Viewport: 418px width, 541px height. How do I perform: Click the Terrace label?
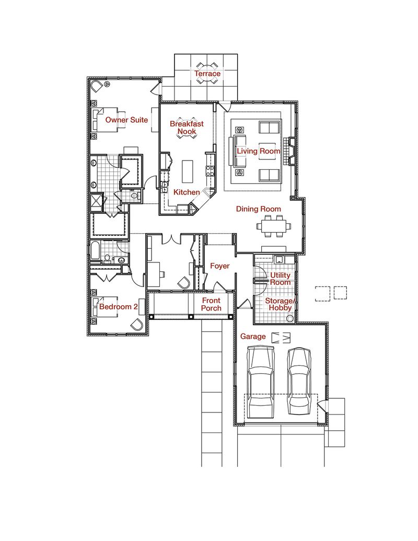pyautogui.click(x=207, y=74)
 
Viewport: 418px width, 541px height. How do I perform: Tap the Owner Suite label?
pyautogui.click(x=126, y=120)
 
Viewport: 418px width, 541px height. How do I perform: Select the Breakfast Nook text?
pyautogui.click(x=187, y=128)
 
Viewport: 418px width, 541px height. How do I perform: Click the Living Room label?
pyautogui.click(x=259, y=151)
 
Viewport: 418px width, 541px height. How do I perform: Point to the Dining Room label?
pyautogui.click(x=259, y=209)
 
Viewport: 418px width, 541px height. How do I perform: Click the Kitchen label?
pyautogui.click(x=187, y=192)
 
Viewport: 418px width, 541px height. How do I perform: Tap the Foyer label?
pyautogui.click(x=219, y=266)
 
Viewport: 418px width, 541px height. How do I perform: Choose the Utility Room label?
pyautogui.click(x=280, y=278)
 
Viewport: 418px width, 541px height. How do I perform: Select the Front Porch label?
pyautogui.click(x=211, y=304)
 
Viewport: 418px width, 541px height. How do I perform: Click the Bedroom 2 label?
pyautogui.click(x=119, y=307)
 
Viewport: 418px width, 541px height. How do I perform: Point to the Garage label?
pyautogui.click(x=253, y=337)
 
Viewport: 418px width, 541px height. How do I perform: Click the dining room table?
pyautogui.click(x=273, y=226)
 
